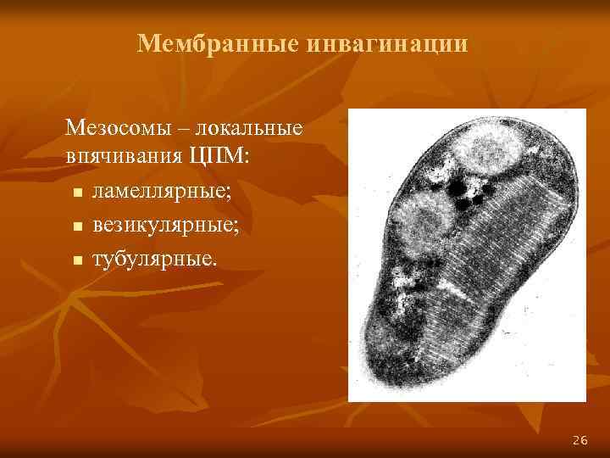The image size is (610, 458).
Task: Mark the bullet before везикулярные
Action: pos(78,227)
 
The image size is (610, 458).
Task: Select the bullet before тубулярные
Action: pos(78,260)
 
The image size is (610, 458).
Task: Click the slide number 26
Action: pos(580,439)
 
